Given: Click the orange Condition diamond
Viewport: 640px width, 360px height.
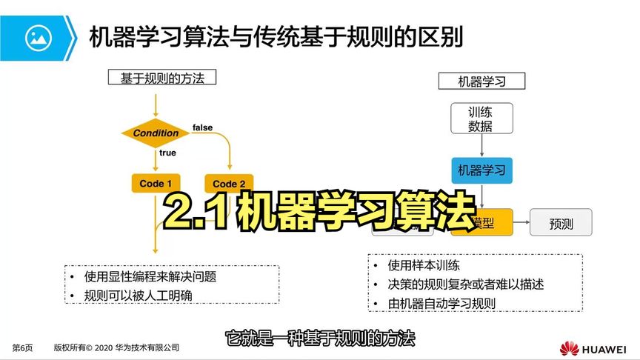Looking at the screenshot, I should coord(156,133).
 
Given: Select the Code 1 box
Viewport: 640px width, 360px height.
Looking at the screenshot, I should coord(156,184).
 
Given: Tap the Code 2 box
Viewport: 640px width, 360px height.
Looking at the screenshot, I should coord(229,184).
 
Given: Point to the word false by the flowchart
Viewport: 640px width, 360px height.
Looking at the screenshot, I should coord(202,127).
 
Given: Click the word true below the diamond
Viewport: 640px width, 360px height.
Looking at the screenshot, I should coord(167,153).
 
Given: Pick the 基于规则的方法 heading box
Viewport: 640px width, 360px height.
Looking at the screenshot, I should coord(156,78).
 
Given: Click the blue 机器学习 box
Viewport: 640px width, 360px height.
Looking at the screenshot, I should coord(481,170).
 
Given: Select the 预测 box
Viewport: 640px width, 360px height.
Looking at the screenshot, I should coord(561,222).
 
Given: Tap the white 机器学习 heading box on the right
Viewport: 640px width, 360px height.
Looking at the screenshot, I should coord(481,81).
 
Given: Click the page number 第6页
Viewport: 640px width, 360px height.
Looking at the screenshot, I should coord(23,347).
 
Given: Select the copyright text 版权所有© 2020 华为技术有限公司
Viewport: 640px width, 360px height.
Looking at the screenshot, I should coord(116,347).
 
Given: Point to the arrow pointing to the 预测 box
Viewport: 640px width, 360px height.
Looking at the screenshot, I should coord(521,222).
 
